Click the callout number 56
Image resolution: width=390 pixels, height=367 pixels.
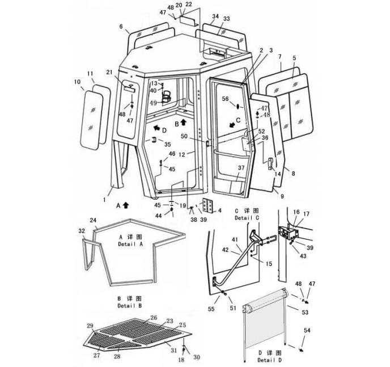coord(225,99)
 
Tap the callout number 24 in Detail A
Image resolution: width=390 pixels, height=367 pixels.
coord(94,220)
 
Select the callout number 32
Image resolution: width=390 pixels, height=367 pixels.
coord(82,231)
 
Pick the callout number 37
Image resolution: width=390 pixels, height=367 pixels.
coord(241,167)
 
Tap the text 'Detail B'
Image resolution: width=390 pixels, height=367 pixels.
coord(130,306)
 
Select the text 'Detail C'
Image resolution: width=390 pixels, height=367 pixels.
coord(247,218)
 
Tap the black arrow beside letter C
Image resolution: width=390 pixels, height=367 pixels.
coord(232,123)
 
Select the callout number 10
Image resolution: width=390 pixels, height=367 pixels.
coord(78,82)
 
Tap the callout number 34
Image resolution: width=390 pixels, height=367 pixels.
coord(215,16)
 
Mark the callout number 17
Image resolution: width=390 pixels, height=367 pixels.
coord(307,214)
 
